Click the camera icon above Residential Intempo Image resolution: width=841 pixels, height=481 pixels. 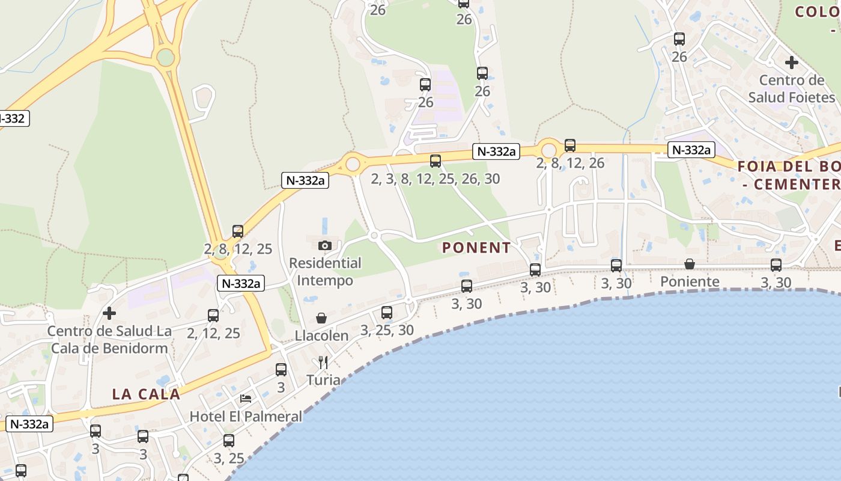click(325, 245)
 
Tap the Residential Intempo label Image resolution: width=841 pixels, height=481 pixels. click(325, 272)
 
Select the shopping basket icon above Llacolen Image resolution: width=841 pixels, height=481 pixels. click(321, 318)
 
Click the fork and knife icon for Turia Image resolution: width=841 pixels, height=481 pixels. click(323, 362)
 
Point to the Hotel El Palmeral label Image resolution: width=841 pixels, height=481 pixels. click(246, 416)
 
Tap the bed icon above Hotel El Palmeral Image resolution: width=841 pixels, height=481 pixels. click(246, 398)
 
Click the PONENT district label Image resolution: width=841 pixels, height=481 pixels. click(476, 248)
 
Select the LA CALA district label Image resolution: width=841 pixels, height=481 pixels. click(146, 394)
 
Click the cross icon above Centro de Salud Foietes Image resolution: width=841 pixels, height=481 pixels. click(792, 62)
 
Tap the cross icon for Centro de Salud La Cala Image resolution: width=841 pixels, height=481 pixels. click(109, 313)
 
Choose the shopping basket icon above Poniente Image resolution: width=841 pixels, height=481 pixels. click(690, 264)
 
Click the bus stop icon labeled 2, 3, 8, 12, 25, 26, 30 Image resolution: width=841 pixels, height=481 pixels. click(436, 161)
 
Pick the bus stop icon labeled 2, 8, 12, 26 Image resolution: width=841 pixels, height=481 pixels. click(570, 146)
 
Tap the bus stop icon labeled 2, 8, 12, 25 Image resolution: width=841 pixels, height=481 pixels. click(238, 231)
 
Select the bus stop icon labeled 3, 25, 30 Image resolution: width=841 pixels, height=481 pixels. click(387, 313)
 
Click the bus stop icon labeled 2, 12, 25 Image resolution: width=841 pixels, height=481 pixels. click(213, 316)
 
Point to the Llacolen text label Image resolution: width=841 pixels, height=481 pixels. click(321, 335)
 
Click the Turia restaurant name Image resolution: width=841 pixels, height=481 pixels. click(323, 380)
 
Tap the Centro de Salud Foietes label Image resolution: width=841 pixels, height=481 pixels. click(792, 88)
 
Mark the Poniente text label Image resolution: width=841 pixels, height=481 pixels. click(690, 281)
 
